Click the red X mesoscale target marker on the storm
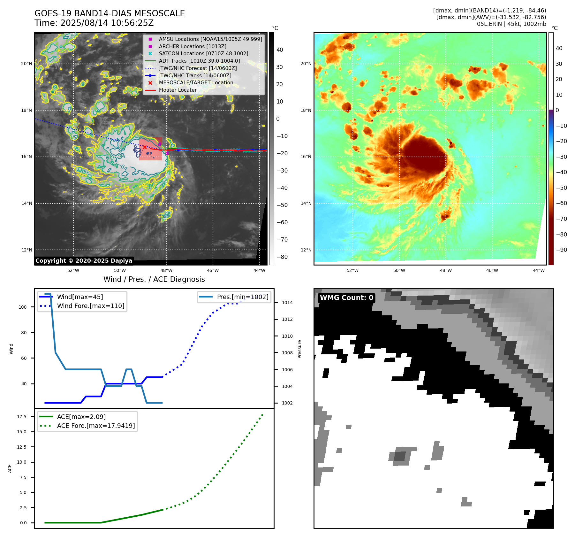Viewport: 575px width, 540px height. (x=145, y=147)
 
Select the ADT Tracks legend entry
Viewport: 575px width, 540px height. (x=199, y=61)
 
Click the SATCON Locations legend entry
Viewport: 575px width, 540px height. (x=203, y=53)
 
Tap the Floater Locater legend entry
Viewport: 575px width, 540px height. (x=178, y=90)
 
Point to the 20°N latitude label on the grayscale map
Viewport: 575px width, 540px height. (x=26, y=64)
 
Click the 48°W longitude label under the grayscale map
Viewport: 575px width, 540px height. (x=166, y=270)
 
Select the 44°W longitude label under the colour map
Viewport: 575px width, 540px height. (x=539, y=270)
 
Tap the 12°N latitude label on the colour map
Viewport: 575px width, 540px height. (x=306, y=250)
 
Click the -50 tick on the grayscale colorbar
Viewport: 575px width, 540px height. (x=282, y=205)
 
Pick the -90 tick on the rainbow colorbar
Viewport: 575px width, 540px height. (x=561, y=250)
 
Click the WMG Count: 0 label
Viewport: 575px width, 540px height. (x=346, y=298)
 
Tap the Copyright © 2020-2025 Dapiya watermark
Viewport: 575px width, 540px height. (x=84, y=261)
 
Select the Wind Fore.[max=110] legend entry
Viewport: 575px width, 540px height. (x=91, y=306)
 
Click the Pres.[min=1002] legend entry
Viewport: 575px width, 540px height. (x=242, y=297)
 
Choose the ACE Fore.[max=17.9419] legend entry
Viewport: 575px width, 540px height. (x=96, y=426)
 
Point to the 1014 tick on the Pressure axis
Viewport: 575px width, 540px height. (x=287, y=303)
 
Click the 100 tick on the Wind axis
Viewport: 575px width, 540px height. (x=23, y=307)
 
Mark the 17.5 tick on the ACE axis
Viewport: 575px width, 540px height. (x=22, y=417)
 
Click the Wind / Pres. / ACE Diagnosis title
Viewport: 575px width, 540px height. (x=154, y=279)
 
